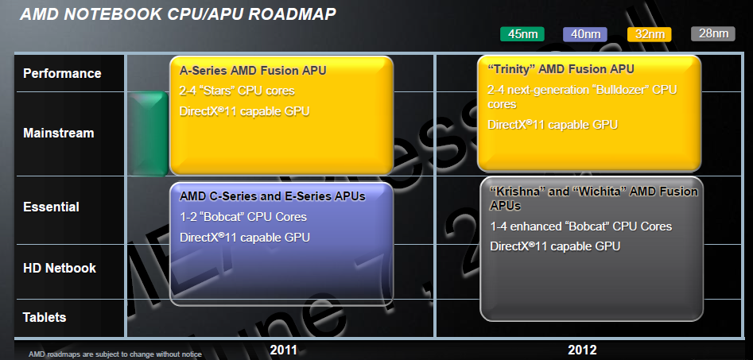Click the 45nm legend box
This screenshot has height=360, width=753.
pyautogui.click(x=522, y=33)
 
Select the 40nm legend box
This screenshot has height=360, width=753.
pyautogui.click(x=585, y=33)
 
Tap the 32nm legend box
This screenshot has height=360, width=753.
pyautogui.click(x=650, y=33)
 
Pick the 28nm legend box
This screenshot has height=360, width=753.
pyautogui.click(x=713, y=33)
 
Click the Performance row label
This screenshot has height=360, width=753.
pyautogui.click(x=62, y=73)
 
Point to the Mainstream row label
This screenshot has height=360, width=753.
pyautogui.click(x=59, y=134)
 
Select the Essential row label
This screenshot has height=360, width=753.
pyautogui.click(x=52, y=207)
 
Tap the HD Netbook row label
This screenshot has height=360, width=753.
pyautogui.click(x=60, y=268)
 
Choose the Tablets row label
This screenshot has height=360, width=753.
pyautogui.click(x=45, y=317)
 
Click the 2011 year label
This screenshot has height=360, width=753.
pyautogui.click(x=284, y=350)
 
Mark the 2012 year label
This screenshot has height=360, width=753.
pyautogui.click(x=583, y=350)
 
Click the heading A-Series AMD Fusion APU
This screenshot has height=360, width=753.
pyautogui.click(x=253, y=70)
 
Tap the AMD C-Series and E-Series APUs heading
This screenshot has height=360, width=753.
pyautogui.click(x=273, y=195)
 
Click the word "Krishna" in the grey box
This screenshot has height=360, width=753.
pyautogui.click(x=519, y=192)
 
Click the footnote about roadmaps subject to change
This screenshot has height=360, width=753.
pyautogui.click(x=115, y=354)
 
